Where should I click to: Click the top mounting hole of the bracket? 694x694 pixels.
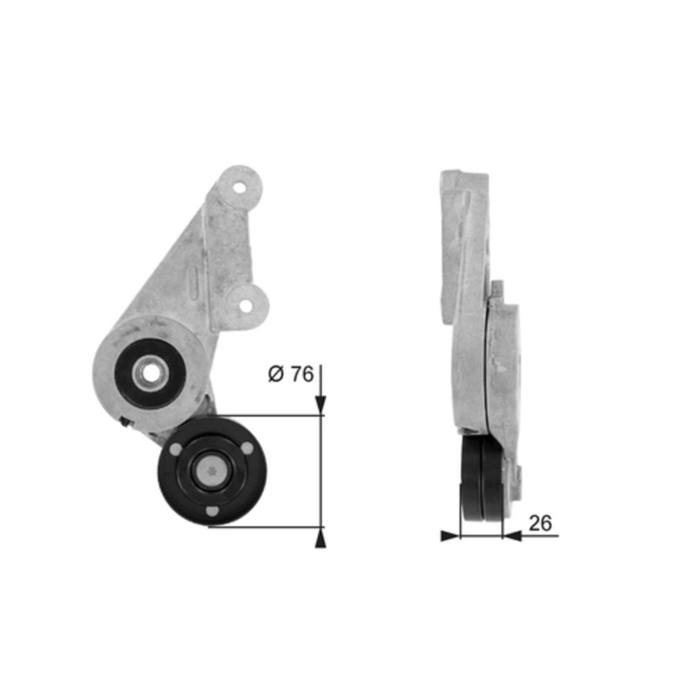coord(239,187)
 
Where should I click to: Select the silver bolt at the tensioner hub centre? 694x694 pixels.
coord(149,374)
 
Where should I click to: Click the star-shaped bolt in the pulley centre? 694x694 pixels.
coord(212,471)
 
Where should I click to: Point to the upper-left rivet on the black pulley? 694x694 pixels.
coord(176,450)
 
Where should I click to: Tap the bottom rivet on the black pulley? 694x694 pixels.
coord(212,512)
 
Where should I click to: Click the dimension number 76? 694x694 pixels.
coord(301,375)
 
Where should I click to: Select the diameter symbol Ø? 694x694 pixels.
coord(276,375)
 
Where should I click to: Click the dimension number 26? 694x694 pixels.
coord(540,523)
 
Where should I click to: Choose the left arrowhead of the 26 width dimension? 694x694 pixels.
coord(450,535)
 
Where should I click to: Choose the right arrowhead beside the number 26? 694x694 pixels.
coord(512,535)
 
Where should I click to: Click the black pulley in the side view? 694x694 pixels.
coord(480,479)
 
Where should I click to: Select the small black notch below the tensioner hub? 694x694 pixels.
coord(124,419)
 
